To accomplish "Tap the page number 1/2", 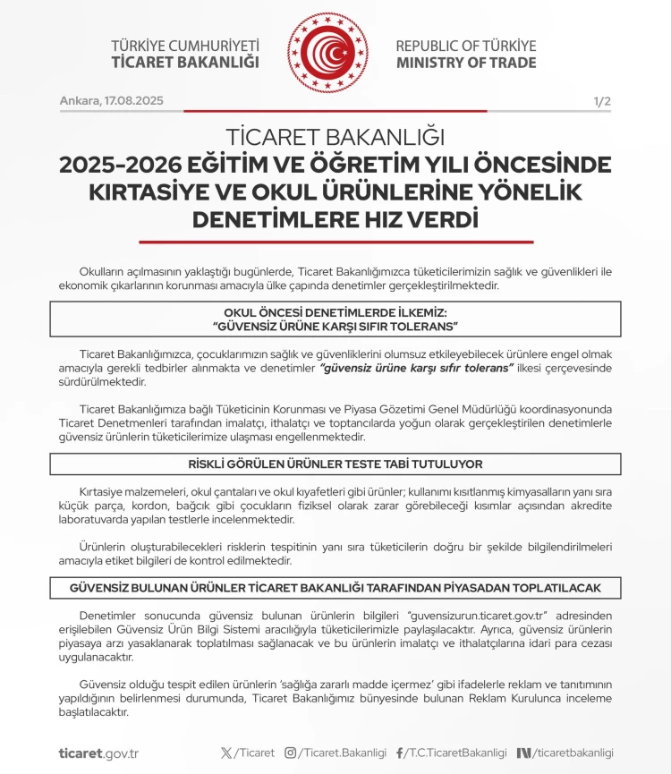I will point(602,101).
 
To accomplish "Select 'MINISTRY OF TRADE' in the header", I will point(466,63).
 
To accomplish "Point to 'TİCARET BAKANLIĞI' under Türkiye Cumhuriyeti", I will point(185,63).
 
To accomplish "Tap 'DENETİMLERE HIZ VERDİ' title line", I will point(335,219).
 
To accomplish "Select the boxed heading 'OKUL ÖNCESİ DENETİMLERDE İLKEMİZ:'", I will point(335,312).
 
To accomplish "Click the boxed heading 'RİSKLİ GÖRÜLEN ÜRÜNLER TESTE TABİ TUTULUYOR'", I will point(335,464).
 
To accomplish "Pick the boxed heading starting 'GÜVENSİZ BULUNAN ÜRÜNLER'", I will point(335,588).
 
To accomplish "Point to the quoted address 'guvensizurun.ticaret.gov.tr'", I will point(477,617).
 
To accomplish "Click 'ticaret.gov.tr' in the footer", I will point(98,753).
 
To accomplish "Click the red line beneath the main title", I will point(335,242).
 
